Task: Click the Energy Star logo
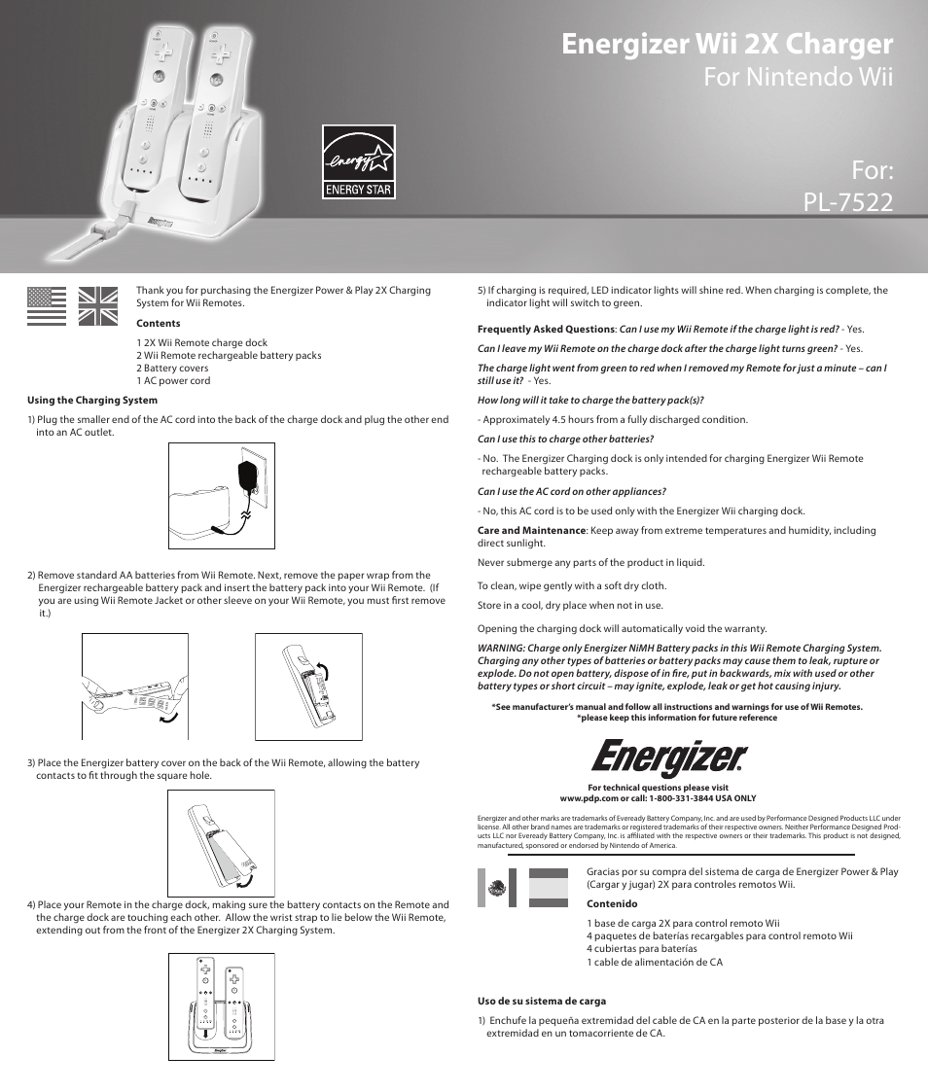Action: tap(359, 161)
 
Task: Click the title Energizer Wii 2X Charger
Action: tap(727, 44)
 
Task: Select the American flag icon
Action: tap(47, 306)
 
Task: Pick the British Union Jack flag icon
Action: tap(97, 306)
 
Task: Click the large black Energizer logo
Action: tap(670, 759)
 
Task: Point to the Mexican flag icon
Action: tap(497, 888)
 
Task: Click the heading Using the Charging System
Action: tap(92, 400)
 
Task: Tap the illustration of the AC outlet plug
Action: tap(222, 496)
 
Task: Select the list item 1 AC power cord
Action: tap(173, 380)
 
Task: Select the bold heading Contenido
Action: tap(612, 904)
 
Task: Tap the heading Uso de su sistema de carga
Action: tap(542, 1001)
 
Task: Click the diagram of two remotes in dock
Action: tap(221, 1006)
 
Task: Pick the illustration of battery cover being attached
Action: tap(221, 843)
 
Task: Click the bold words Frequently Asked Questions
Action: tap(546, 329)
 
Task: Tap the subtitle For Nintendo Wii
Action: tap(798, 77)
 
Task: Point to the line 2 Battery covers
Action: tap(172, 368)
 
